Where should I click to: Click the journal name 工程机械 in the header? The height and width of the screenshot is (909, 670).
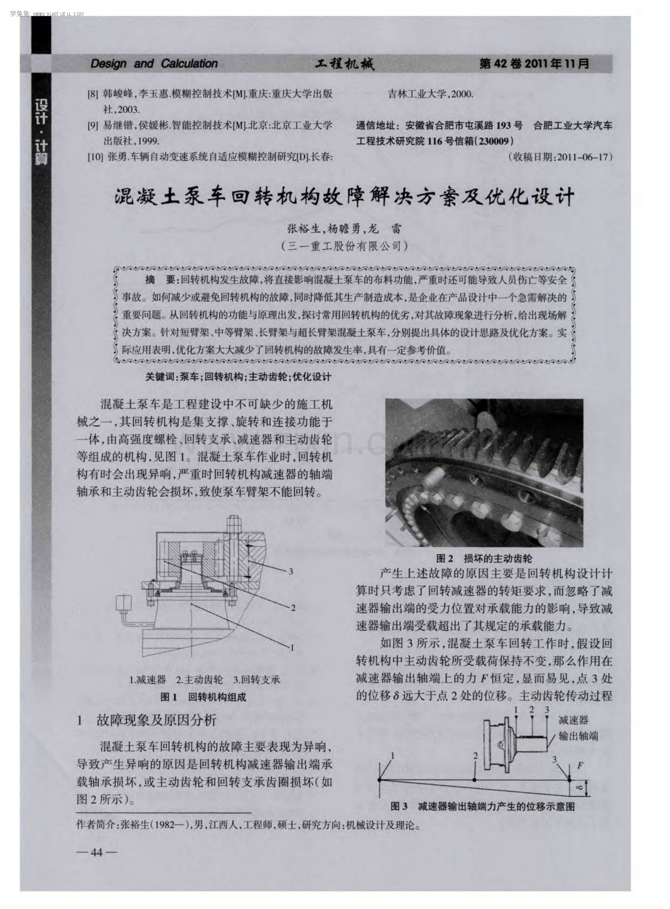(344, 63)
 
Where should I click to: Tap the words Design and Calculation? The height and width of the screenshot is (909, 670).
(154, 63)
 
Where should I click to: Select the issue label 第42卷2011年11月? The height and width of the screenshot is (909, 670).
(534, 63)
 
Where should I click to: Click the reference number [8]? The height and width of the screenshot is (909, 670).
(93, 94)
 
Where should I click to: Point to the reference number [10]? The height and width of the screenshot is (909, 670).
(95, 157)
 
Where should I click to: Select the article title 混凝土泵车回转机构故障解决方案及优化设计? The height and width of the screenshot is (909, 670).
(344, 197)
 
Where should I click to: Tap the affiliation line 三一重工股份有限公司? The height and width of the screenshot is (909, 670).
(344, 246)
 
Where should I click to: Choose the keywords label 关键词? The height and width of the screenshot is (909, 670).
(160, 377)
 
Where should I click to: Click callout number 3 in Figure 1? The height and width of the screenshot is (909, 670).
(291, 571)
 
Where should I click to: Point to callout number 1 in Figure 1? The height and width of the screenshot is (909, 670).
(291, 648)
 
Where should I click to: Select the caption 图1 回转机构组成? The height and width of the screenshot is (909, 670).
(203, 697)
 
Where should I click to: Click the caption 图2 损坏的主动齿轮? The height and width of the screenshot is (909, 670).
(484, 559)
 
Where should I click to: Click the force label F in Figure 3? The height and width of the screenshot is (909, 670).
(580, 766)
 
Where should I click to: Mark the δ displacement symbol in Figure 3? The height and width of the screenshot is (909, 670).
(579, 788)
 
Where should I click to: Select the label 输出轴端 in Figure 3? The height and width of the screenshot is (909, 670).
(578, 736)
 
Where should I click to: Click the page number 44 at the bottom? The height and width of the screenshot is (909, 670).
(97, 852)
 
